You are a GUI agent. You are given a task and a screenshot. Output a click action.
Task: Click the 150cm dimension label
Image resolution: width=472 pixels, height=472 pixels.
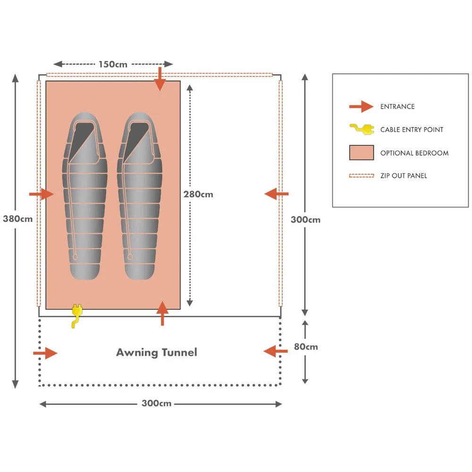[113, 64]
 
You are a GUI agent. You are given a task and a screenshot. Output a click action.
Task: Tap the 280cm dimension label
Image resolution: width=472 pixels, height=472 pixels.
[198, 194]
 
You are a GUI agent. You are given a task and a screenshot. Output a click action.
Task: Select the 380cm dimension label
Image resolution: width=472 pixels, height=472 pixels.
[17, 219]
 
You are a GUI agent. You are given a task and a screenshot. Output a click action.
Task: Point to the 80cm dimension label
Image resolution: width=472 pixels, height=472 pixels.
[306, 346]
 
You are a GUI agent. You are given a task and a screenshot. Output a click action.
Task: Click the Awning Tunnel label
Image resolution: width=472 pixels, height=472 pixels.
[156, 352]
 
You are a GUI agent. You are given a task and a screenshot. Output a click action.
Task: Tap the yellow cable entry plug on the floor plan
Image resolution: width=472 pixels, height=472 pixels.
[76, 315]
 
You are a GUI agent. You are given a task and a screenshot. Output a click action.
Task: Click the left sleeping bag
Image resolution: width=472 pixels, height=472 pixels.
[85, 195]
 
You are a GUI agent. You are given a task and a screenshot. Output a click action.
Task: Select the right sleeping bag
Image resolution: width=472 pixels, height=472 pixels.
[140, 195]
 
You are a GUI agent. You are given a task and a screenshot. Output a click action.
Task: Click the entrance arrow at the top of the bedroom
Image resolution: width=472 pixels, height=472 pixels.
[160, 79]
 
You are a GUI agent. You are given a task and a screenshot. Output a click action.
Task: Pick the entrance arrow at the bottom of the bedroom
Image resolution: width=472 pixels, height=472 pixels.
[162, 313]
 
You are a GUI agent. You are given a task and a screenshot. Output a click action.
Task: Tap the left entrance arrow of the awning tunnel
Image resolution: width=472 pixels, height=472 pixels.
[45, 353]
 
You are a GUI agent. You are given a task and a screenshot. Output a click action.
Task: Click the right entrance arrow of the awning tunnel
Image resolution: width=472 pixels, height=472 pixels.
[276, 351]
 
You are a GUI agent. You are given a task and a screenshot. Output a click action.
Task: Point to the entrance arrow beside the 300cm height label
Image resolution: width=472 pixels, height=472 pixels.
[277, 194]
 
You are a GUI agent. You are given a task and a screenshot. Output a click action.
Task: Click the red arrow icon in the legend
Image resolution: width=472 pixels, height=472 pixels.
[361, 107]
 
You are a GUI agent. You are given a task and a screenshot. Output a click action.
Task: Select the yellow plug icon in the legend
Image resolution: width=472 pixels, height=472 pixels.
[361, 129]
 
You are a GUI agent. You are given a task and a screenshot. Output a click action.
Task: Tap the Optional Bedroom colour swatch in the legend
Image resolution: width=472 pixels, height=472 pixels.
[361, 153]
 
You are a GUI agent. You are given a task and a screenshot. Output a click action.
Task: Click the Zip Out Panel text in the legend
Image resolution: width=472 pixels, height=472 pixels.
[404, 176]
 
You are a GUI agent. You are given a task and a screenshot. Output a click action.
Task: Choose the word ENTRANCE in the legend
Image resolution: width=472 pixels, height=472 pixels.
[397, 107]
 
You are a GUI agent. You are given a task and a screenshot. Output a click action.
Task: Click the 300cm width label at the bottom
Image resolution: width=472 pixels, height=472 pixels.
[156, 404]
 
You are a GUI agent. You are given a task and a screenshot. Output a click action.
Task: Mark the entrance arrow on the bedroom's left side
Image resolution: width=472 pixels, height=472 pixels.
[42, 194]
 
